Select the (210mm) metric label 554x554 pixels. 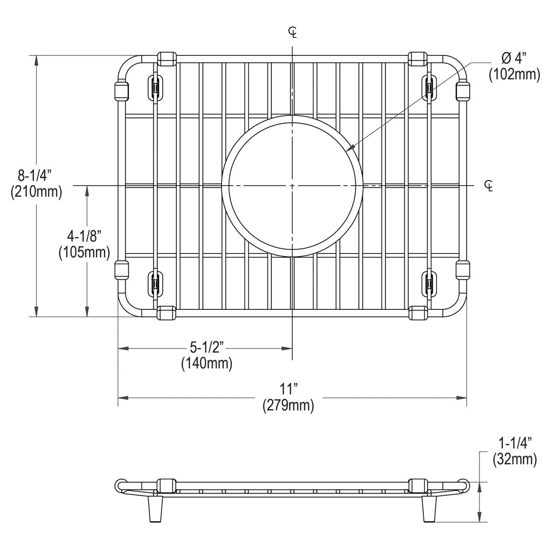(x=36, y=191)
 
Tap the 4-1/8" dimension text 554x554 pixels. (x=84, y=236)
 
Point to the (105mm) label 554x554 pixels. (x=84, y=252)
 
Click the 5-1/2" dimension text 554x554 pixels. (x=206, y=348)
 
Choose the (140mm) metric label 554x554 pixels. (x=206, y=363)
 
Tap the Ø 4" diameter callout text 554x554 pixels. (x=514, y=58)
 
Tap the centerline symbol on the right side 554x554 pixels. (x=488, y=186)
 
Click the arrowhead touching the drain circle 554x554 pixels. (x=350, y=148)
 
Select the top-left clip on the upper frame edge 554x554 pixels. (x=167, y=58)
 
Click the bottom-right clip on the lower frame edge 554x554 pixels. (x=418, y=313)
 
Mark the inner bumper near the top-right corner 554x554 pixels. (x=429, y=87)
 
